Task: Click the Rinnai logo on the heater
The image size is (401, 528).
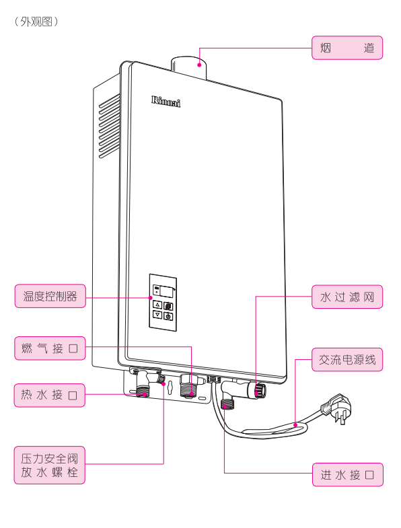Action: tap(166, 102)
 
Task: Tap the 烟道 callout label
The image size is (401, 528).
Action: tap(347, 48)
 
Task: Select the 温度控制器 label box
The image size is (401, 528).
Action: tap(50, 296)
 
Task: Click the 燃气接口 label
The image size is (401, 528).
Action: tap(50, 348)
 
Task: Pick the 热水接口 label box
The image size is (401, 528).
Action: tap(50, 395)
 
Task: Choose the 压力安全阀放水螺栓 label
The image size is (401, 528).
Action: tap(50, 465)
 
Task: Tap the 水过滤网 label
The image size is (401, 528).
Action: tap(347, 297)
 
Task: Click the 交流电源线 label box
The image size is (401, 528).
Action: tap(347, 360)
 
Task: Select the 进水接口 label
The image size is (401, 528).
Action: tap(348, 475)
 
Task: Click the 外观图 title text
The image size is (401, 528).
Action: tap(36, 22)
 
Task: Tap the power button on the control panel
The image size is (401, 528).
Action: tap(168, 316)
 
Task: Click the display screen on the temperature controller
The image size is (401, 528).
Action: tap(167, 291)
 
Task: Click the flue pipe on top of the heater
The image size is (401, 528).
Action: tap(188, 67)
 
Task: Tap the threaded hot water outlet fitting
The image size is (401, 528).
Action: tap(143, 391)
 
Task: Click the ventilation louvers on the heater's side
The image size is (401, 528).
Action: tap(109, 126)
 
